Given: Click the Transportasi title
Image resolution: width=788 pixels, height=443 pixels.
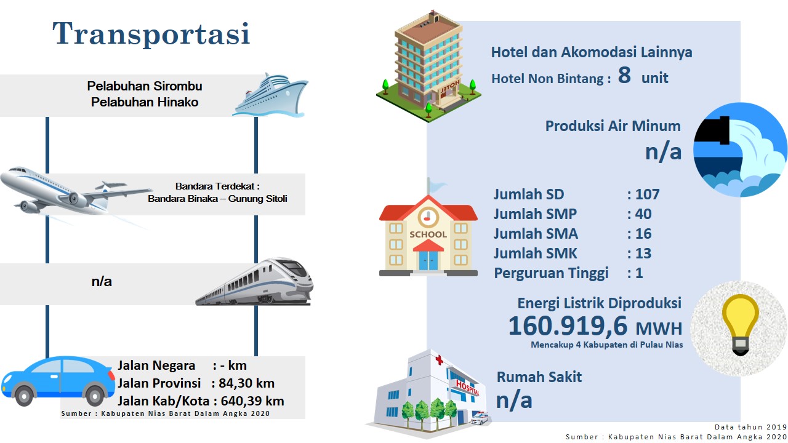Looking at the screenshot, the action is tap(151, 33).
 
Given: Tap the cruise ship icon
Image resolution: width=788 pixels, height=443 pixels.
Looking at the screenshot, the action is tap(270, 95).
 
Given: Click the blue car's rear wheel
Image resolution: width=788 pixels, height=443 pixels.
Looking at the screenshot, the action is tap(95, 395).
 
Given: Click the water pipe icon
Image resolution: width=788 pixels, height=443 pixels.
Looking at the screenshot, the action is tap(740, 150).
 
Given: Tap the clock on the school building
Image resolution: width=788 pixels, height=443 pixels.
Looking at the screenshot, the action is tap(428, 217).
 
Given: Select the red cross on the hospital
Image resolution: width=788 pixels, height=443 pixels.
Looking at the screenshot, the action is tap(439, 360).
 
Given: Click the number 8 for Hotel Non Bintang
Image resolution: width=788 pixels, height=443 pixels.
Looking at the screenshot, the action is tap(624, 75).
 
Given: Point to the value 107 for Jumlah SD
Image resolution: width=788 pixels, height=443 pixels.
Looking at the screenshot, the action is tap(647, 194).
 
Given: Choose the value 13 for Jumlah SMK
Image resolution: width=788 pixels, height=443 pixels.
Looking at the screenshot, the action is tap(643, 253).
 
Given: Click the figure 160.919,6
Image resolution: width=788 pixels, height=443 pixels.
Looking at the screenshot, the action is tap(568, 326).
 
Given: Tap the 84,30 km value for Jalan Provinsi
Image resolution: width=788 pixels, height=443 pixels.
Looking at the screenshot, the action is tap(247, 383).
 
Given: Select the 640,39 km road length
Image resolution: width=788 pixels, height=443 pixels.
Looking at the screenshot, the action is tap(252, 401).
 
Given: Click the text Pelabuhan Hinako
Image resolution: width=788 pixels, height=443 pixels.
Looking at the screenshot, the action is tap(145, 102).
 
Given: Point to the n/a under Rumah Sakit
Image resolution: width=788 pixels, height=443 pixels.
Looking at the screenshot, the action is tap(514, 400).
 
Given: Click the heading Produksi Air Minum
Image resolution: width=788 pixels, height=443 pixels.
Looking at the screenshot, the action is tap(613, 126).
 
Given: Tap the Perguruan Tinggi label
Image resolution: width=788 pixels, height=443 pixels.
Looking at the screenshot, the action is tap(551, 274).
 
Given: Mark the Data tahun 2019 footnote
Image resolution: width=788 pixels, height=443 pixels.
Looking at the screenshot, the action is tap(750, 427).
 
